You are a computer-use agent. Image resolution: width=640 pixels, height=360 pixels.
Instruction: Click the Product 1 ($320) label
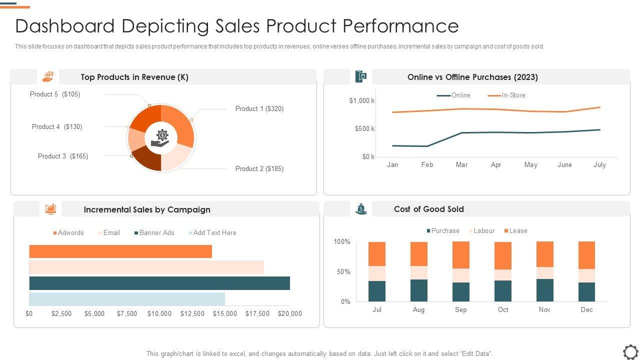[x=259, y=109]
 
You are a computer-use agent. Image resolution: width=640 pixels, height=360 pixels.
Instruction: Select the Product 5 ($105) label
[x=55, y=94]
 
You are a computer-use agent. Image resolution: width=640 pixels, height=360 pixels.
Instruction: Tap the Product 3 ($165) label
[x=63, y=156]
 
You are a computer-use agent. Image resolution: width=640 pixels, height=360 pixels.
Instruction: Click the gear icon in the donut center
[x=162, y=134]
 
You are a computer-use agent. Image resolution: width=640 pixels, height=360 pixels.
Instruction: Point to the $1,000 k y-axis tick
[x=362, y=101]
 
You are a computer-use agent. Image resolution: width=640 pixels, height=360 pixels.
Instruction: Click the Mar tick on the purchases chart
[x=461, y=165]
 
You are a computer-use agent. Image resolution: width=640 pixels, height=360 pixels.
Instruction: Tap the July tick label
[x=599, y=165]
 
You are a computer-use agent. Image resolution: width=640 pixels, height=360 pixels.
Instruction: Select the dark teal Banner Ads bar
[x=159, y=283]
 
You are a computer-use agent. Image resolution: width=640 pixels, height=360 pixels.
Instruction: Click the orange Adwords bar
[x=120, y=251]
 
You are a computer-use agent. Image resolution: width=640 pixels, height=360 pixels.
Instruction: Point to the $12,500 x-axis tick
[x=192, y=314]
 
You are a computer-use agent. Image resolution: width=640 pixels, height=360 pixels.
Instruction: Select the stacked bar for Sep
[x=461, y=271]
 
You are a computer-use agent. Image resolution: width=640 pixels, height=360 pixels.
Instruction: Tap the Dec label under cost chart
[x=586, y=310]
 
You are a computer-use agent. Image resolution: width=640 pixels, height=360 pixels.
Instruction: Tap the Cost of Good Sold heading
[x=428, y=209]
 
